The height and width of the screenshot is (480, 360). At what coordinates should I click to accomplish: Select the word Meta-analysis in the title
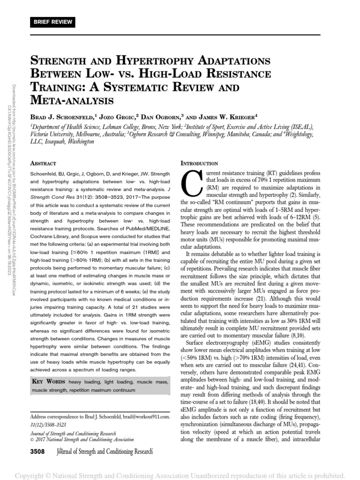click(73, 100)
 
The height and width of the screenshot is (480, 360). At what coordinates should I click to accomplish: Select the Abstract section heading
click(43, 163)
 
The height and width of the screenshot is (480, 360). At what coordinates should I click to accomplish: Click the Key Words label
click(49, 382)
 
